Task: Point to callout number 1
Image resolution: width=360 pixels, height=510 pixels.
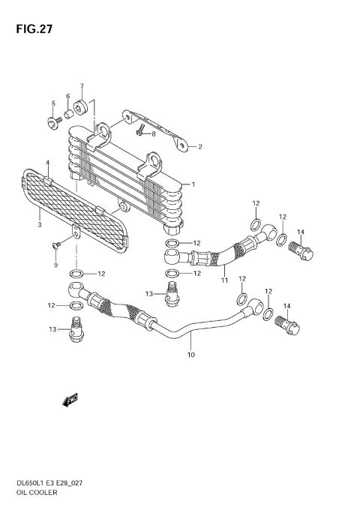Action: click(x=193, y=184)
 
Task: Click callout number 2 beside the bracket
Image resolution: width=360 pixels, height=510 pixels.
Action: click(x=199, y=147)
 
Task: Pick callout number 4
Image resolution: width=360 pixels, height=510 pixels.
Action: click(x=46, y=163)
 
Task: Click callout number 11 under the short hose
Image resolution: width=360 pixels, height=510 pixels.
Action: click(x=223, y=280)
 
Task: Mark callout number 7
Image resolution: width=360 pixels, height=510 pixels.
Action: click(x=82, y=85)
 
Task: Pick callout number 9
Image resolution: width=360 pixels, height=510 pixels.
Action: click(x=55, y=264)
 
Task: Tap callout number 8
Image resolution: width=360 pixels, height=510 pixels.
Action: click(x=153, y=133)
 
